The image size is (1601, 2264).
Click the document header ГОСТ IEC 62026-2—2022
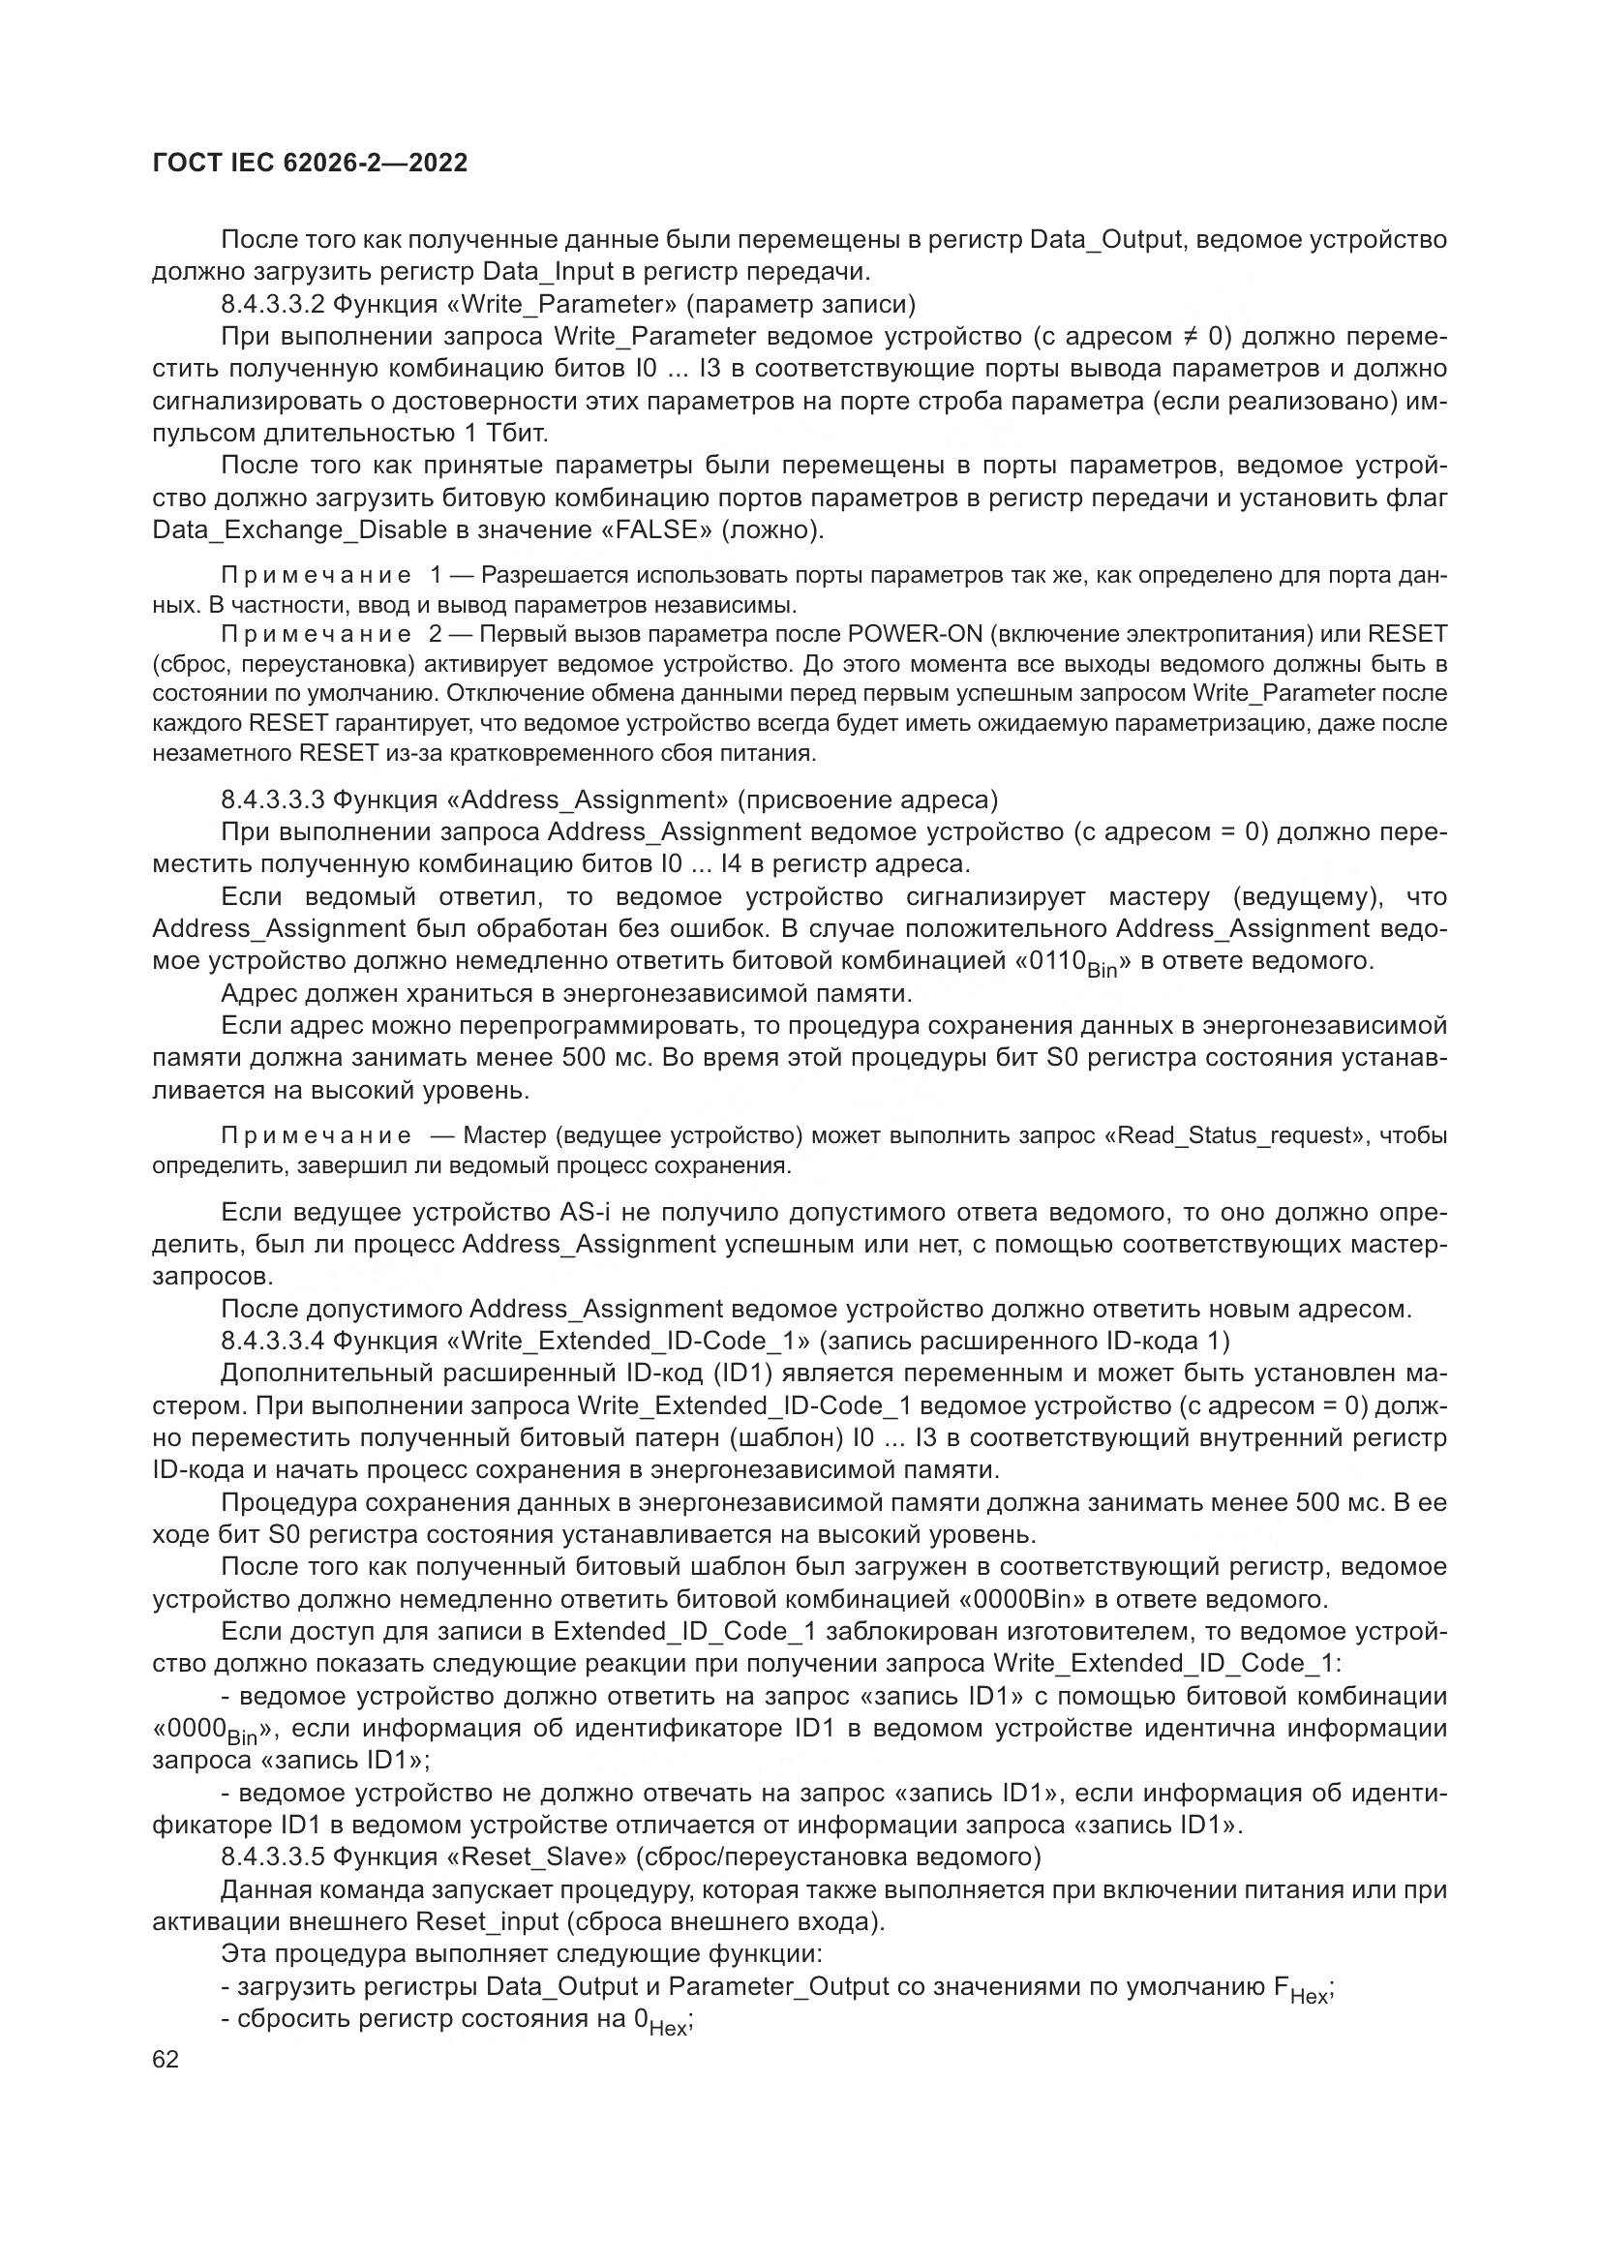pyautogui.click(x=310, y=164)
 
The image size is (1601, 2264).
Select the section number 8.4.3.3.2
pyautogui.click(x=273, y=304)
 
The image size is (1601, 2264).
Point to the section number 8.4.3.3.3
pyautogui.click(x=273, y=799)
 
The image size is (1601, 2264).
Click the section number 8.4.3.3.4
pyautogui.click(x=273, y=1341)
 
